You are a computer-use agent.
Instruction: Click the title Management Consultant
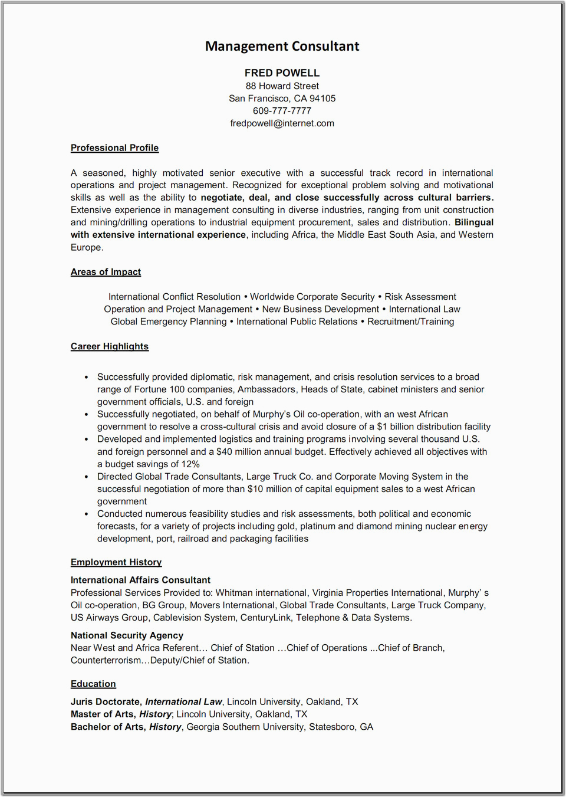point(282,47)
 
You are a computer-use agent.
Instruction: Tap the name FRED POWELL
point(282,73)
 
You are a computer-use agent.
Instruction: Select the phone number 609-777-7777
point(282,111)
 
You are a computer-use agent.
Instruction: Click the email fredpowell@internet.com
point(282,123)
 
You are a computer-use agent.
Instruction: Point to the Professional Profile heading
point(114,148)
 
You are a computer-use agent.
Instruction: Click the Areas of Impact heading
point(106,272)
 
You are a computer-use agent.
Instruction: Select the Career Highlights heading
point(110,346)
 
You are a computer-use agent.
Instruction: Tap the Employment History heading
point(116,562)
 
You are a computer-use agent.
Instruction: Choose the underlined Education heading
point(93,684)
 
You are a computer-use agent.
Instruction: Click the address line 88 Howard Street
point(282,86)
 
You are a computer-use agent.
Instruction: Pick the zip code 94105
point(323,99)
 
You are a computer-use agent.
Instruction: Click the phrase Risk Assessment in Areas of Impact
point(420,297)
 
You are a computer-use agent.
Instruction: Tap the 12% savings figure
point(190,464)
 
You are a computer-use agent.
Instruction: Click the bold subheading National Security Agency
point(127,635)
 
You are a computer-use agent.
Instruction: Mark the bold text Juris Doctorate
point(106,702)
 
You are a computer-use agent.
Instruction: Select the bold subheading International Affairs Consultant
point(140,580)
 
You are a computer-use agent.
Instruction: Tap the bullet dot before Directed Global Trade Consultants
point(87,477)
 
